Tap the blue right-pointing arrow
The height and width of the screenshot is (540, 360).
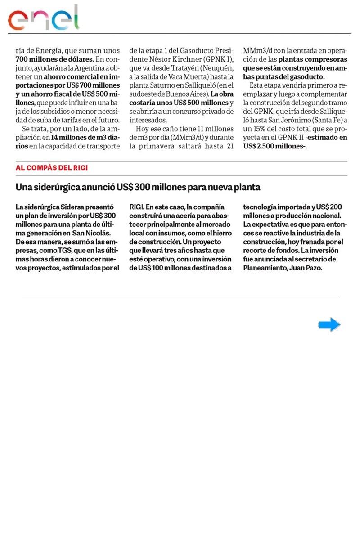(x=329, y=324)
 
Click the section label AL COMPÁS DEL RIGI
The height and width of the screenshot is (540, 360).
(x=52, y=168)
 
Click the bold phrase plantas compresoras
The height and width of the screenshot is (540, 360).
(x=313, y=59)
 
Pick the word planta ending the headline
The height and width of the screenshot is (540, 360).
(x=248, y=187)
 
